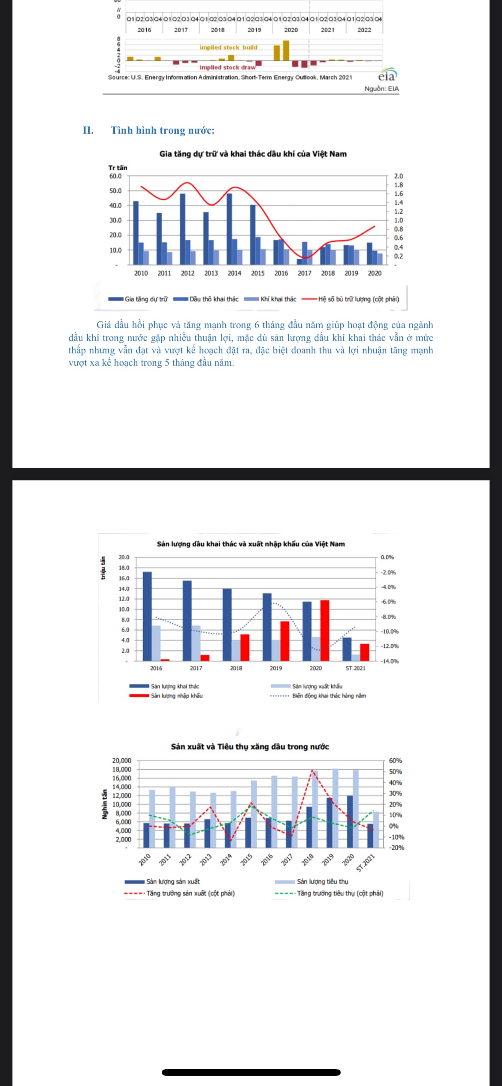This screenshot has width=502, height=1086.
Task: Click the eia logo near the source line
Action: [387, 75]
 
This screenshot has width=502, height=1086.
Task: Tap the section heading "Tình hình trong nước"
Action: [162, 130]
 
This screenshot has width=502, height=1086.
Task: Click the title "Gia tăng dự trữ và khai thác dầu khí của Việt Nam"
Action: [253, 154]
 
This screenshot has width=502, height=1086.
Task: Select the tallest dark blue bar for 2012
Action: [183, 229]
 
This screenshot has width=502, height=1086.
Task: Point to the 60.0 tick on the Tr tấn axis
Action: [115, 176]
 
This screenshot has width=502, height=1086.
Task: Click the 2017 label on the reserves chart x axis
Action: [304, 273]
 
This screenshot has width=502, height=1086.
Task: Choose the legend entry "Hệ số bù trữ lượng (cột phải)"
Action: [358, 299]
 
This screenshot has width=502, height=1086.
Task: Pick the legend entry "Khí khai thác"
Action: [278, 299]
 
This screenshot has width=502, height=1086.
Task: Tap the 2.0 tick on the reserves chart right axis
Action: [398, 176]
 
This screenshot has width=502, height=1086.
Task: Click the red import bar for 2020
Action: [325, 630]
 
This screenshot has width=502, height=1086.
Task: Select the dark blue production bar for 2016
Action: [147, 616]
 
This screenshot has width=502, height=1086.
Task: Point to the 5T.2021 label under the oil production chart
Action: [356, 668]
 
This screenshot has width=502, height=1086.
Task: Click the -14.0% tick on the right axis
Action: [389, 661]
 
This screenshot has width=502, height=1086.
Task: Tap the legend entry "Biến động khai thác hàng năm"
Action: [329, 696]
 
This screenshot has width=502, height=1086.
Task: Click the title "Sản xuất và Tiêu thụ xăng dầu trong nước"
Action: [250, 747]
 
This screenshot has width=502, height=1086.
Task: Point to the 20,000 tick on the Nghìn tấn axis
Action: [121, 760]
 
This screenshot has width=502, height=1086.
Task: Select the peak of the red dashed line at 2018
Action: [312, 770]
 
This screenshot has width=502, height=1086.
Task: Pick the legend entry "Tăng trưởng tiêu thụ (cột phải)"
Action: [340, 893]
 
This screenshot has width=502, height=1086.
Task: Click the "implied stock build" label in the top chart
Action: [228, 48]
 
